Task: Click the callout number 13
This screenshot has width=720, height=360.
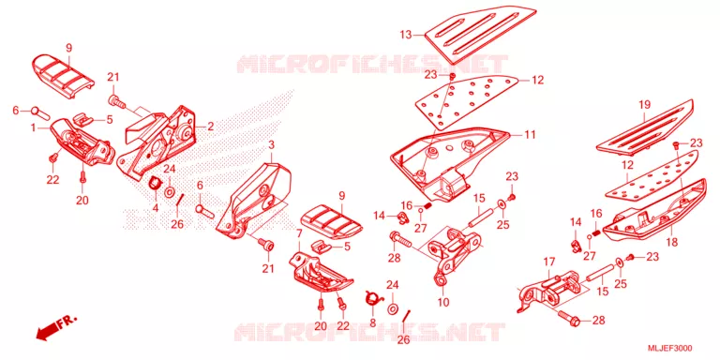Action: pyautogui.click(x=405, y=35)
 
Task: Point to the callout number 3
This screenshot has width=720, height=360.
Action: pyautogui.click(x=271, y=146)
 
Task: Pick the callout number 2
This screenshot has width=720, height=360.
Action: pyautogui.click(x=210, y=127)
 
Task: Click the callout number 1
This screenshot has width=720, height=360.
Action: pyautogui.click(x=34, y=128)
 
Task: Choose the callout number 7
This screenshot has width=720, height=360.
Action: pyautogui.click(x=299, y=233)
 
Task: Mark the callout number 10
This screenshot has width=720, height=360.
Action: pyautogui.click(x=443, y=303)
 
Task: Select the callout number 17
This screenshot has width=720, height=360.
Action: pyautogui.click(x=549, y=263)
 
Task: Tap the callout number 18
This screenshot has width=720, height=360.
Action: pyautogui.click(x=672, y=243)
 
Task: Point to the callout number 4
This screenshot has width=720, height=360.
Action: pyautogui.click(x=156, y=208)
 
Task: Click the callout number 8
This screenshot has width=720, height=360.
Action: pyautogui.click(x=372, y=323)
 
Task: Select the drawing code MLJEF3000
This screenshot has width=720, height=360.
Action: pyautogui.click(x=670, y=348)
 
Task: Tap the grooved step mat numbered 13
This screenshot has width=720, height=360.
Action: pyautogui.click(x=480, y=36)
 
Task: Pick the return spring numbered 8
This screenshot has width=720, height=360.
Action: pyautogui.click(x=373, y=299)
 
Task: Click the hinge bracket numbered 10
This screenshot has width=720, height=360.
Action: pyautogui.click(x=455, y=253)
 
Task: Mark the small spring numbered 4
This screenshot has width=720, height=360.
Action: pyautogui.click(x=155, y=182)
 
